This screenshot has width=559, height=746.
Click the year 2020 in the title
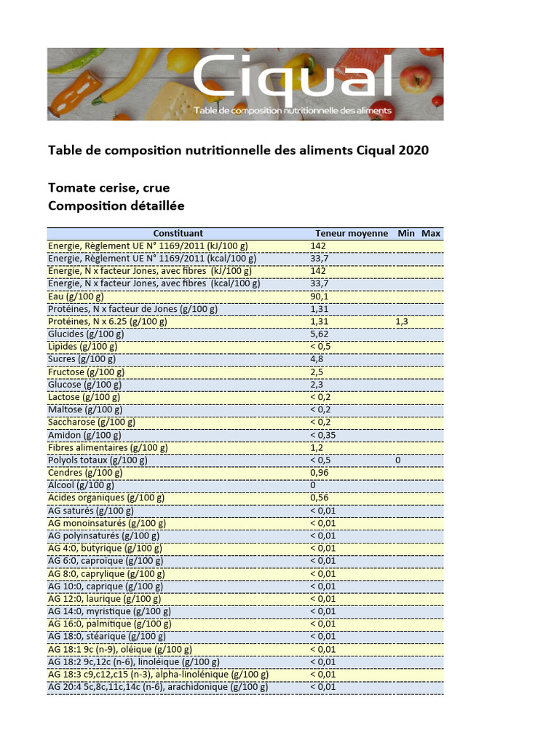(413, 151)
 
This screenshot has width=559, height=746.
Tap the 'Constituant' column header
(178, 233)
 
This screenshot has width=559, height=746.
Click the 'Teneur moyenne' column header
(352, 233)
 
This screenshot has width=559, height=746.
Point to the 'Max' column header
(431, 233)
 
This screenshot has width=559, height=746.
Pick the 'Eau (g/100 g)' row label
(76, 296)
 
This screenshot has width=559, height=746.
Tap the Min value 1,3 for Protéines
(402, 321)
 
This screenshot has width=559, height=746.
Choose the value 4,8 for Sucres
(317, 359)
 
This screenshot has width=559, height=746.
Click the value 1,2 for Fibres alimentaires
(317, 447)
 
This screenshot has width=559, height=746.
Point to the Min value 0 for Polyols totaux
(398, 460)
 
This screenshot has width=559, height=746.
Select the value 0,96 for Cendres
(320, 473)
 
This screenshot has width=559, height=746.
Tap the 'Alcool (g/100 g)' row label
(82, 485)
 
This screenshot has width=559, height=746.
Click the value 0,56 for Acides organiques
(320, 498)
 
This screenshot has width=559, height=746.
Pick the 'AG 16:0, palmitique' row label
(110, 624)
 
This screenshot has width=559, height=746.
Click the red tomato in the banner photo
(416, 79)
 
